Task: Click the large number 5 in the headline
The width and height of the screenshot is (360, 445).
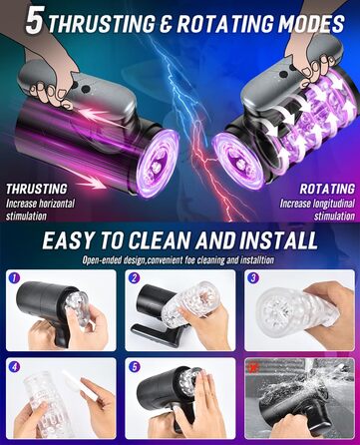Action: tap(35, 21)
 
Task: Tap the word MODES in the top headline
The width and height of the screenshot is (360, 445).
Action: tap(311, 24)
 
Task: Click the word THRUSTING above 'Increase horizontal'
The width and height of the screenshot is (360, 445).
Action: tap(37, 189)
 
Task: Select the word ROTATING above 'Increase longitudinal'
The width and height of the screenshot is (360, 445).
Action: tap(327, 189)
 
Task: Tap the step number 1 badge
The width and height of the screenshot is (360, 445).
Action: tap(14, 277)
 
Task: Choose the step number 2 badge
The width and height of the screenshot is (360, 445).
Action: tap(134, 277)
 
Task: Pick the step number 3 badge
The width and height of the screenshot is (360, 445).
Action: tap(253, 277)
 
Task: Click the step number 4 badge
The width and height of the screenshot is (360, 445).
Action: tap(14, 367)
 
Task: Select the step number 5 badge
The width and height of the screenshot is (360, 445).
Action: tap(134, 367)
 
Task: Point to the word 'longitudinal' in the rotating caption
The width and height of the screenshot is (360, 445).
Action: tap(333, 204)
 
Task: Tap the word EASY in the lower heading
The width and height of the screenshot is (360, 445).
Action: tap(65, 240)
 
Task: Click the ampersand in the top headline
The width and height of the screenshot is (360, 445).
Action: tap(166, 24)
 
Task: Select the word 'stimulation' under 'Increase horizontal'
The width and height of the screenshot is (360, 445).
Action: tap(26, 217)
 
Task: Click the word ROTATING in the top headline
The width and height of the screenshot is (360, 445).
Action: tap(225, 24)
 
